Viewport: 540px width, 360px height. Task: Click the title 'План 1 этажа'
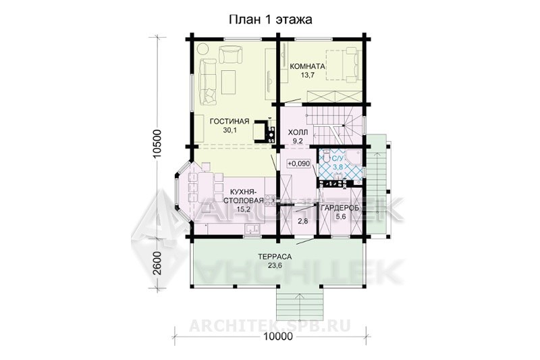[271, 20]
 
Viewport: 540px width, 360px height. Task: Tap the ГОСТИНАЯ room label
[230, 122]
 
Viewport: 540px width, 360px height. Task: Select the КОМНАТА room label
[308, 66]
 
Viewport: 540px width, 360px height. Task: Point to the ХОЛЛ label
[298, 132]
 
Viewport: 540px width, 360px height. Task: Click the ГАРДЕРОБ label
[340, 208]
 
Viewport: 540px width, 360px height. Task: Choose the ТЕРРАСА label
[275, 257]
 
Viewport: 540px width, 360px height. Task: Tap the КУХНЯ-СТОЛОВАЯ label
[244, 197]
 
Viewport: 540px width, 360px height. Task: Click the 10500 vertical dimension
[158, 144]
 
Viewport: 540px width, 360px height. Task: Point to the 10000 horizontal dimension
[278, 336]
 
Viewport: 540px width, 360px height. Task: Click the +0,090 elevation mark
[298, 163]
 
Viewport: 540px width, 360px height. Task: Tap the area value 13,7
[308, 75]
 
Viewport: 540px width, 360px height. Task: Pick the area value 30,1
[230, 130]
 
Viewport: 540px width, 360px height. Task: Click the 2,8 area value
[302, 222]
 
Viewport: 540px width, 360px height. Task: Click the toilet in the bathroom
[325, 157]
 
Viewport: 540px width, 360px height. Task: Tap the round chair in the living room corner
[203, 48]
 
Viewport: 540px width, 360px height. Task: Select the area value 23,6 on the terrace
[275, 265]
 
